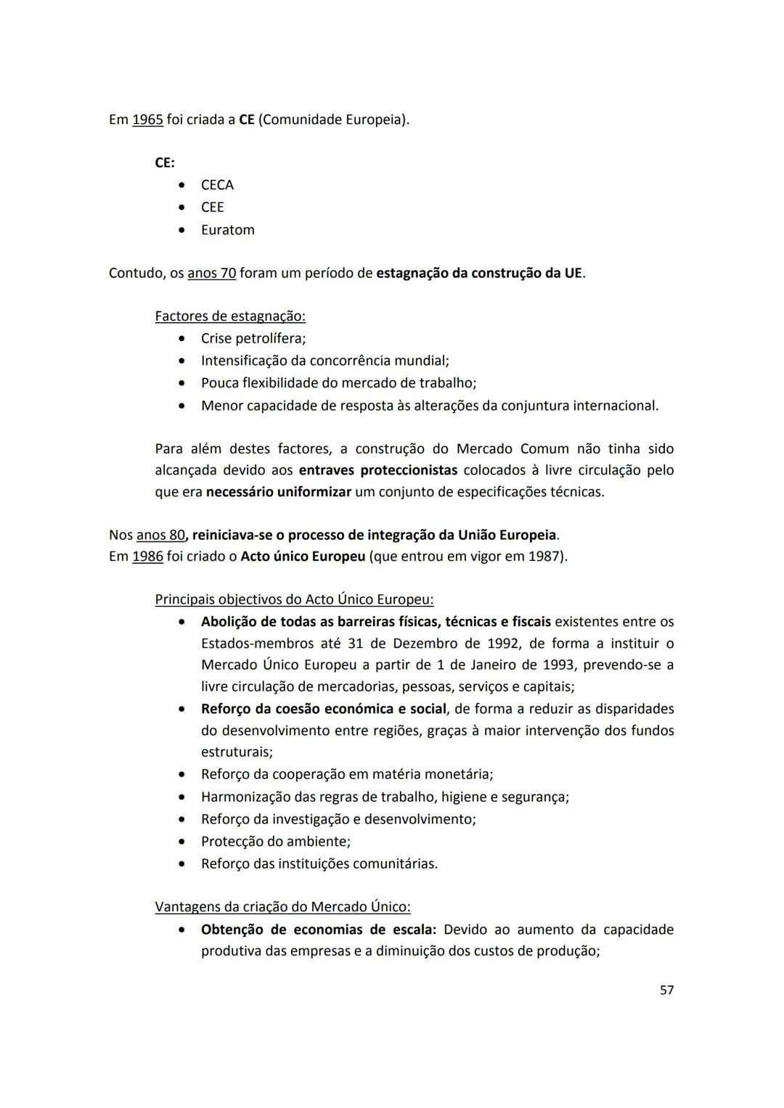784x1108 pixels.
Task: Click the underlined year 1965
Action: tap(147, 120)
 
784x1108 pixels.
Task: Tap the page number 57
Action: tap(666, 990)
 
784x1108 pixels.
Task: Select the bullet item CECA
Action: tap(217, 185)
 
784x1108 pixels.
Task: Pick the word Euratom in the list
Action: tap(227, 230)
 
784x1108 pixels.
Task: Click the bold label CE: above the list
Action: tap(165, 163)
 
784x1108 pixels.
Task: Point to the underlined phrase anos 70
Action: tap(211, 274)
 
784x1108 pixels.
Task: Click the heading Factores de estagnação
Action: tap(230, 316)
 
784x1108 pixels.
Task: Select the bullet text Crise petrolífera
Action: tap(253, 339)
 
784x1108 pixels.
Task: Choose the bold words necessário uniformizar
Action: tap(279, 492)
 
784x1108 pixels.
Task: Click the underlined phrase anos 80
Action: tap(160, 535)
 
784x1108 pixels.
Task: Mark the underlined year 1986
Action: tap(147, 557)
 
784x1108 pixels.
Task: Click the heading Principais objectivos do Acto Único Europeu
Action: tap(294, 600)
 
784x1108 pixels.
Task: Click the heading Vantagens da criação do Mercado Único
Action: tap(282, 907)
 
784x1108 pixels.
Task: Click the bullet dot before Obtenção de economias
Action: tap(182, 930)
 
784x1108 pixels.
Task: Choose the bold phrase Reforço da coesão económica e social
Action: tap(323, 709)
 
